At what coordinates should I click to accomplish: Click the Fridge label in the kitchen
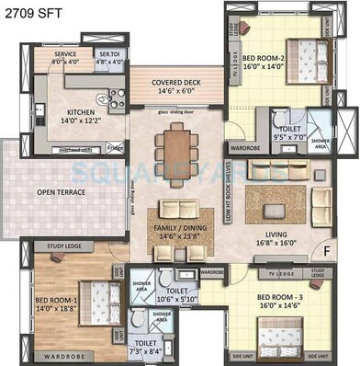(114, 147)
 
